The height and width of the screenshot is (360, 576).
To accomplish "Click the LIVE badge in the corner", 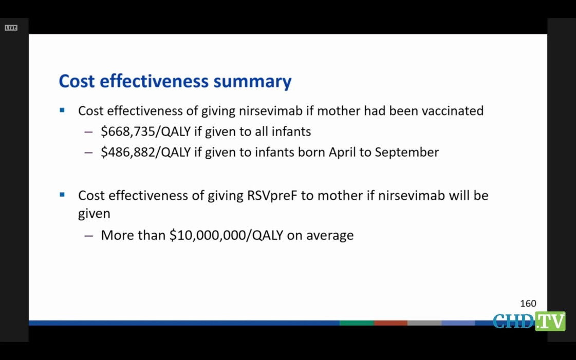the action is (x=11, y=28).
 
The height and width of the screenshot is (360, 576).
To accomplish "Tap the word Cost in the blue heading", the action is (x=77, y=81).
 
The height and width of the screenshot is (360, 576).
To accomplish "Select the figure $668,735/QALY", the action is (x=146, y=131).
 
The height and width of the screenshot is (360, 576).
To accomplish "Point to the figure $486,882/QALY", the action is (x=146, y=153).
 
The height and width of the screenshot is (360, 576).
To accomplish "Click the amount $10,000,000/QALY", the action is (x=226, y=235).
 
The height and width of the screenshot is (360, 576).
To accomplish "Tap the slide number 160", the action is (x=528, y=304).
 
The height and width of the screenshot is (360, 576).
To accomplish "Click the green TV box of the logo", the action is (x=550, y=321).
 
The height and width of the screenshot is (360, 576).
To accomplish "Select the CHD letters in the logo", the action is (x=513, y=321).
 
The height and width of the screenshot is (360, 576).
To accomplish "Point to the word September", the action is (x=406, y=153).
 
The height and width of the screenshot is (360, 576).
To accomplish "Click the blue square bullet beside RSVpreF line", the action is (x=62, y=195).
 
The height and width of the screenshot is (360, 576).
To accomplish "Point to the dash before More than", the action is (x=88, y=236).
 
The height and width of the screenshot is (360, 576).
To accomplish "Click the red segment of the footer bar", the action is (x=391, y=323).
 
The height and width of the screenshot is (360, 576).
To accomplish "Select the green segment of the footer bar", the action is (x=357, y=323).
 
